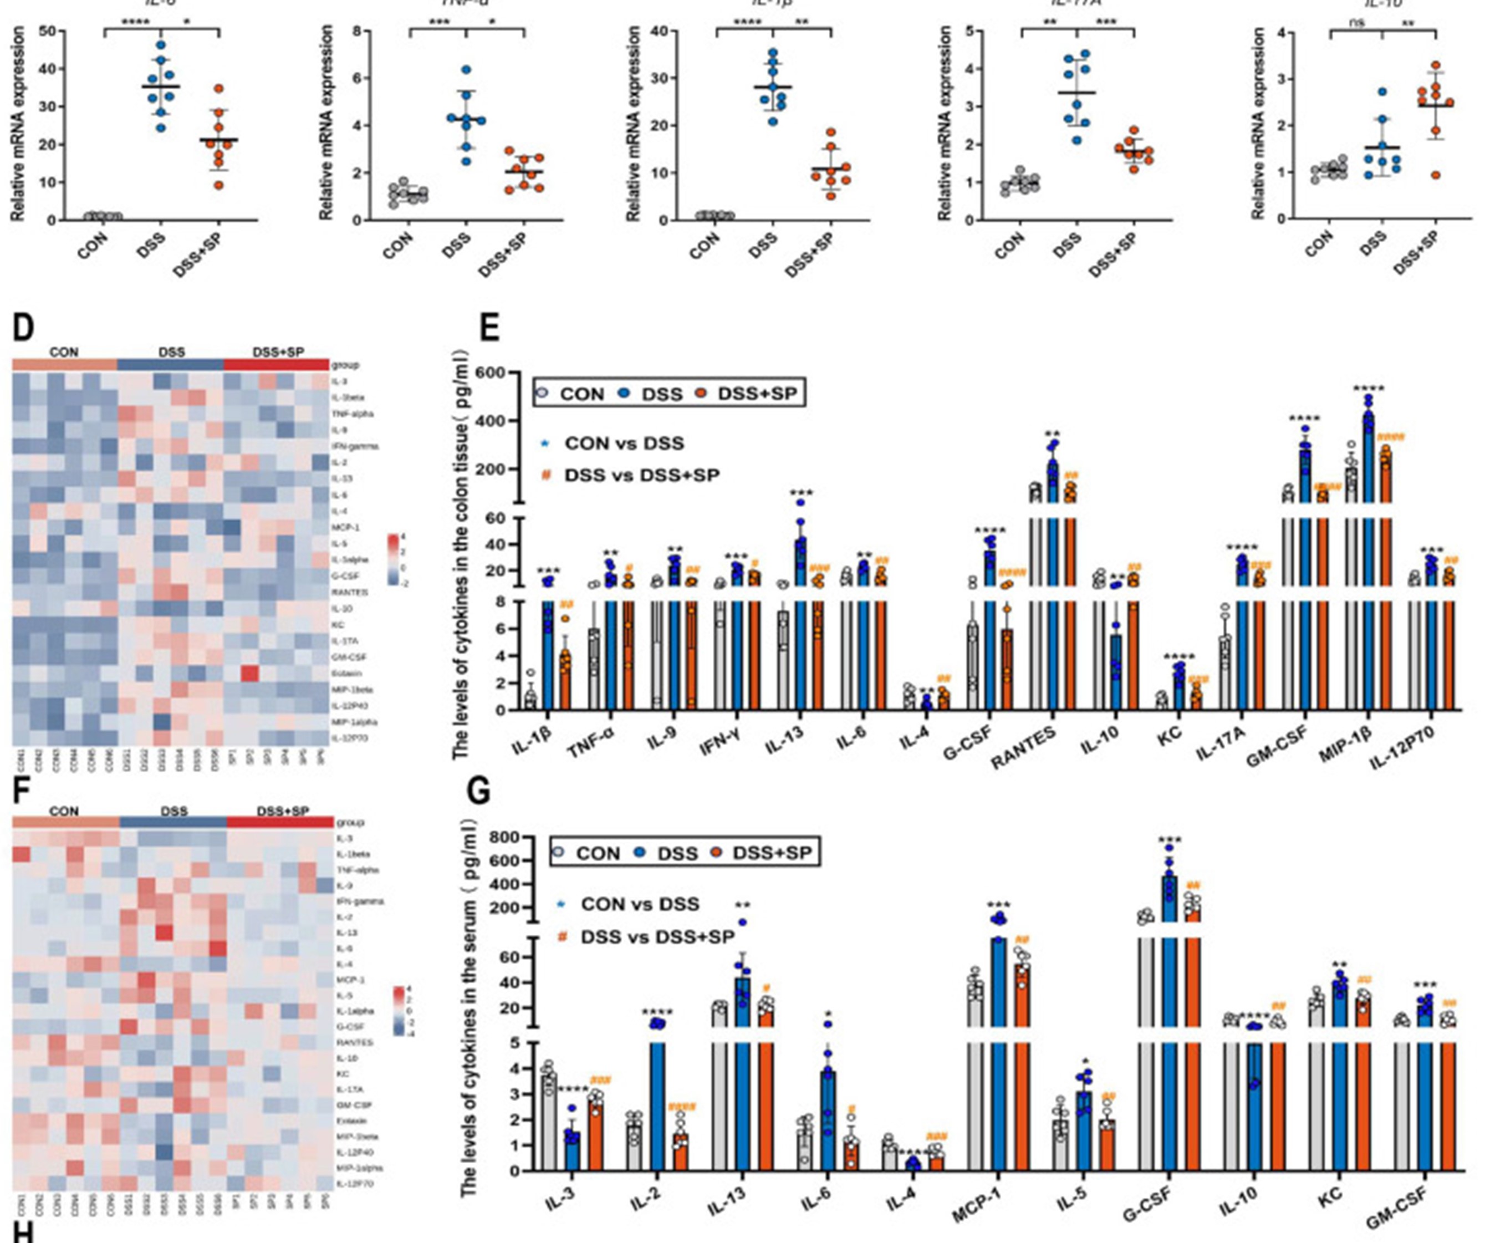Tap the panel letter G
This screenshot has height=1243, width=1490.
(x=481, y=791)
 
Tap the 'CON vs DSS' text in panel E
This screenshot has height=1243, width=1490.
(x=624, y=444)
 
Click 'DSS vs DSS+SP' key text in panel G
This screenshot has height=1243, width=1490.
(x=657, y=937)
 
